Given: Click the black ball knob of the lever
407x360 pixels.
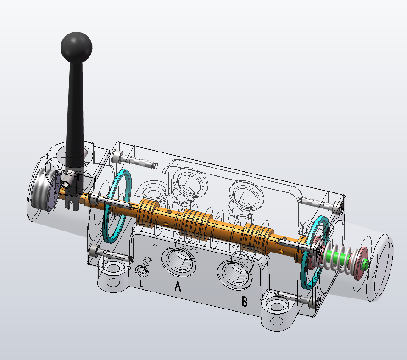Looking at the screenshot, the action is (76, 47).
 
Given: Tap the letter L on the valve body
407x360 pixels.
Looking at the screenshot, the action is (141, 283).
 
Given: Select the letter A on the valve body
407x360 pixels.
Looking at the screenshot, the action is (178, 286).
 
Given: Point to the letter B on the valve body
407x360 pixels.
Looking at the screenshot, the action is (244, 301).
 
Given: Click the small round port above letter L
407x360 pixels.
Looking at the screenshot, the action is (142, 271).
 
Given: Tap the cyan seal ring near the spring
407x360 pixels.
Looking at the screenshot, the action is (315, 252).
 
